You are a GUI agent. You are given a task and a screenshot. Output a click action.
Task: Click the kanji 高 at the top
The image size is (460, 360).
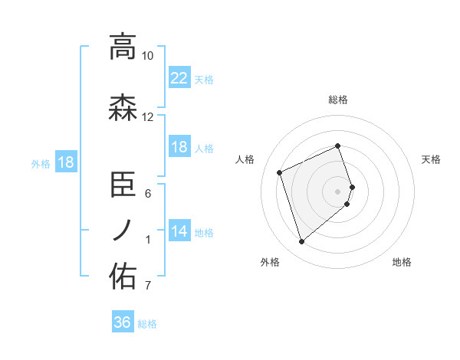(123, 47)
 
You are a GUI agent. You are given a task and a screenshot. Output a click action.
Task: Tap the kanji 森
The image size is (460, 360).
(123, 108)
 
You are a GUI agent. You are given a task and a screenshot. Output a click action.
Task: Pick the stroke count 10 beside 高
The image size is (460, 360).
(148, 56)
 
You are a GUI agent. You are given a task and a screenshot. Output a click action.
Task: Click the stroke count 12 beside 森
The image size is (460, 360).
(148, 117)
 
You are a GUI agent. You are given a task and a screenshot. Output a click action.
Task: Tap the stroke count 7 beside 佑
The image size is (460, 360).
(148, 286)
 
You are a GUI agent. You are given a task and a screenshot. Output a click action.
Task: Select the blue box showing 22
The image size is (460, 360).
(179, 77)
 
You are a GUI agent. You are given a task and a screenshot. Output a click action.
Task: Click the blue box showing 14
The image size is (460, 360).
(179, 231)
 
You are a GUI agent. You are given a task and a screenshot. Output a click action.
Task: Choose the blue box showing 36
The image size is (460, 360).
(123, 322)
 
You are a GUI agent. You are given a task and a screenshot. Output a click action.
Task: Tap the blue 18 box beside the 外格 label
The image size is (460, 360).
(65, 162)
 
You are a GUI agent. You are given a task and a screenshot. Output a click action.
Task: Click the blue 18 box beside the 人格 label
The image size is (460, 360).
(179, 147)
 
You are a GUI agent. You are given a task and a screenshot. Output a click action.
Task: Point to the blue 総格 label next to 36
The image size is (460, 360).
(147, 324)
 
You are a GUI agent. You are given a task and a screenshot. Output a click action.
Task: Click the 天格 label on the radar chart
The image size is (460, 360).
(431, 159)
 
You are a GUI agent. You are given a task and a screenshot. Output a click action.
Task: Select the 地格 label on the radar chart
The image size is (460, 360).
(402, 262)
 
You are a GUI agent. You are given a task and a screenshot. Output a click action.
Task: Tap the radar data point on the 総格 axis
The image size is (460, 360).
(337, 146)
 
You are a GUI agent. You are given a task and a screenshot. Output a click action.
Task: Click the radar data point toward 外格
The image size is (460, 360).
(301, 242)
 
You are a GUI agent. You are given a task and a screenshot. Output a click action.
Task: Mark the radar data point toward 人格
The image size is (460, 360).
(281, 172)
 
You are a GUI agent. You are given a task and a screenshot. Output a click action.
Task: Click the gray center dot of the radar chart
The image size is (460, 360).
(338, 191)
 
